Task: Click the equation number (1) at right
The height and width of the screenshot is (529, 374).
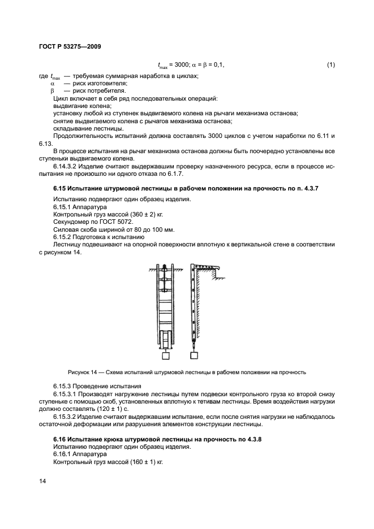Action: (331, 65)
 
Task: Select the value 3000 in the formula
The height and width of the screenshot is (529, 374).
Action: (175, 65)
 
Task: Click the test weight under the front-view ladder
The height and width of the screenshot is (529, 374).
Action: (166, 356)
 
